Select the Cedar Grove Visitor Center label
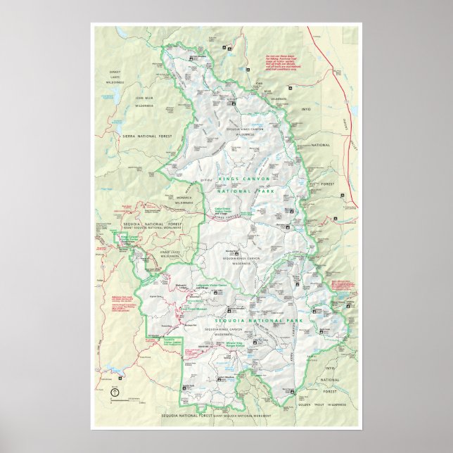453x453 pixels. [226, 210]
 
